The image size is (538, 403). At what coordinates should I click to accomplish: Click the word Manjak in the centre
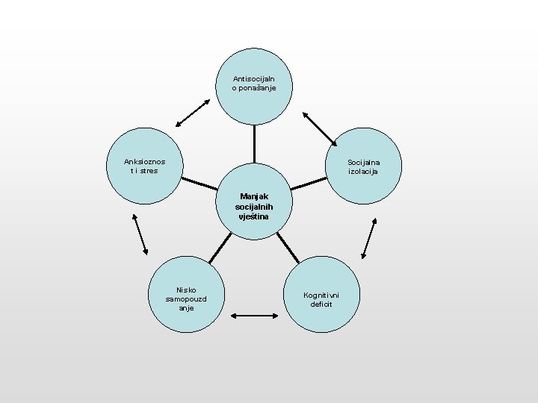tap(254, 196)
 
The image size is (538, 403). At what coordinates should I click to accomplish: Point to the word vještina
tap(254, 216)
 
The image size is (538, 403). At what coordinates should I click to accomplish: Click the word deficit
tap(322, 304)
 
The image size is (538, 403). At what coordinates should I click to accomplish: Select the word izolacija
tap(363, 172)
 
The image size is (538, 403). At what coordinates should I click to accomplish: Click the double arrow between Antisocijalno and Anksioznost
tap(192, 112)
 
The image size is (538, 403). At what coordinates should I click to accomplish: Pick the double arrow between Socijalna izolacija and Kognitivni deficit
tap(368, 238)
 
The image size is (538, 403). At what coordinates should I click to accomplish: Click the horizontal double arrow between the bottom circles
tap(254, 316)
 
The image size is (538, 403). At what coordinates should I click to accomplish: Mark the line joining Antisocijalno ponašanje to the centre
tap(254, 143)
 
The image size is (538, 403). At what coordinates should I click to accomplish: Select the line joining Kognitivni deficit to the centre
tap(288, 246)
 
